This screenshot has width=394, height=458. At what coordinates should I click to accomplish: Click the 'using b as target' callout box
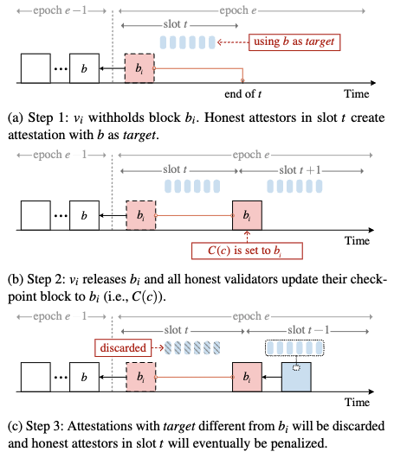[294, 42]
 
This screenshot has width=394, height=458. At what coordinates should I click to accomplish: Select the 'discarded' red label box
[123, 347]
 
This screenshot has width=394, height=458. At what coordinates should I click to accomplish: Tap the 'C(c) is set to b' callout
[247, 251]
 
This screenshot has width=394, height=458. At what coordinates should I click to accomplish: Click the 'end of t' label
[242, 94]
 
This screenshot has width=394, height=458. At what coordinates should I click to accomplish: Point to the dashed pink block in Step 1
[139, 68]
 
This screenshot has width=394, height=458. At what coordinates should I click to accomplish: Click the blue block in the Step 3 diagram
[296, 377]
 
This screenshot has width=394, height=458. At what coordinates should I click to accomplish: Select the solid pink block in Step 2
[247, 215]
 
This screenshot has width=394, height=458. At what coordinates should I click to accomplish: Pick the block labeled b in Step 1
[84, 68]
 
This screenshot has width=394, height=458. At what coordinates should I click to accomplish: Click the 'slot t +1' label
[300, 170]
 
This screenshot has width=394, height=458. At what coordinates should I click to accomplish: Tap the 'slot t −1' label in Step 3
[308, 330]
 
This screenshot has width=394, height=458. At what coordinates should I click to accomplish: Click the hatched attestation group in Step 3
[192, 347]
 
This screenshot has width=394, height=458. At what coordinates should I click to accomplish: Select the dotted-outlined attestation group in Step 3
[294, 347]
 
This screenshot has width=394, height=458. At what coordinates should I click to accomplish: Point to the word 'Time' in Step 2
[357, 241]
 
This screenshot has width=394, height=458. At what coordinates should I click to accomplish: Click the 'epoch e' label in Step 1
[238, 10]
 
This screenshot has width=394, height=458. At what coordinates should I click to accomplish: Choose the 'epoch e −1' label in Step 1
[60, 10]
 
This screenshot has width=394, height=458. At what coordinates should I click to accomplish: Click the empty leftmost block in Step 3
[36, 377]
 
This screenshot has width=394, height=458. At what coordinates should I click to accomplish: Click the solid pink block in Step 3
[247, 377]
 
